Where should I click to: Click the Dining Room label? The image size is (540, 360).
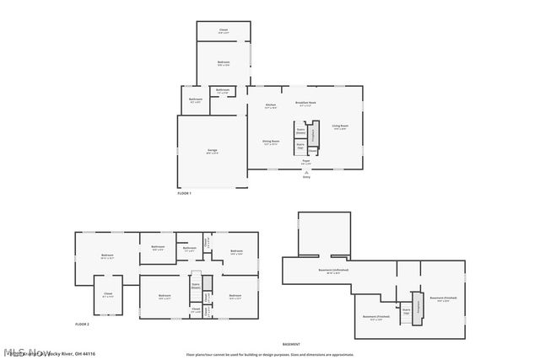[270, 143]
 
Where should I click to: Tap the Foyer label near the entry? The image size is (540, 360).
[306, 162]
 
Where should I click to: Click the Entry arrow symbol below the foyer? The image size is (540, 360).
[306, 171]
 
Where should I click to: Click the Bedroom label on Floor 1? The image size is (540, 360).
[224, 63]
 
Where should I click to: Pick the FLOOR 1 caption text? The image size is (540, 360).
[185, 194]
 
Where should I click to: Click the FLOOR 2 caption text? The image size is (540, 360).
[82, 324]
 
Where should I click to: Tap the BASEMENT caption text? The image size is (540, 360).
[291, 344]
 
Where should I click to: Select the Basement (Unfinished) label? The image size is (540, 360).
[333, 271]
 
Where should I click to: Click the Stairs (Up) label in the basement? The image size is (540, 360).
[406, 311]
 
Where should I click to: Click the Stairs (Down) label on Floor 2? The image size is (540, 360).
[195, 285]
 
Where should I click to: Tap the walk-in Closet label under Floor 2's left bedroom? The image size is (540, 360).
[108, 295]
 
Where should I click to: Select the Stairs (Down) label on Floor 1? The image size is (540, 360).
[300, 132]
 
